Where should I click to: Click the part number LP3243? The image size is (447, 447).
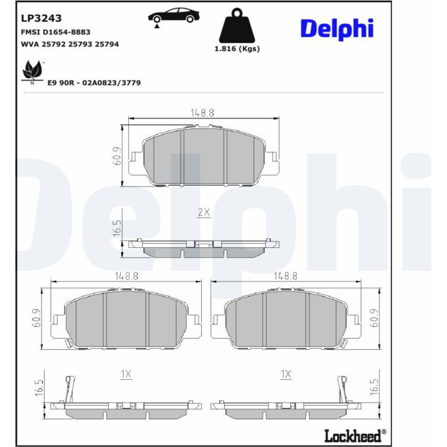[41, 18]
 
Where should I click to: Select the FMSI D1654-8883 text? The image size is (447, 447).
[55, 32]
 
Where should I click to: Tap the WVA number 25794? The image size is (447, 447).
[107, 44]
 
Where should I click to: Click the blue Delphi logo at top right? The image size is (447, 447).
[337, 29]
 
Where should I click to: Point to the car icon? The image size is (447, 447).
[173, 16]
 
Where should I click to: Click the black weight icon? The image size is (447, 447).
[237, 25]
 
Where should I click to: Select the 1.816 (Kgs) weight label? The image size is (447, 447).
[237, 49]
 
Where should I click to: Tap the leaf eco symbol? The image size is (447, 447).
[33, 71]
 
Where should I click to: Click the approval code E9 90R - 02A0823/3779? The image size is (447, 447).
[94, 83]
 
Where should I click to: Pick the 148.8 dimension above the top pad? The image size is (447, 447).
[202, 113]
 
